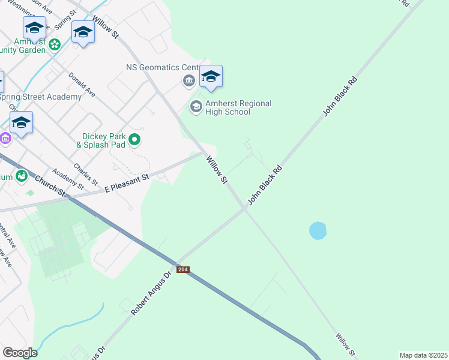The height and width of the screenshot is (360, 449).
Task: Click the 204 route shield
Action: point(183,270)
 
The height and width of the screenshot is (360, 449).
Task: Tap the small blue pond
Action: point(318,230)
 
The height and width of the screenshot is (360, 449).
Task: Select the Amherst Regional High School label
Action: point(238,107)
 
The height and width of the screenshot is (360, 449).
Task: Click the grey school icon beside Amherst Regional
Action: point(196,107)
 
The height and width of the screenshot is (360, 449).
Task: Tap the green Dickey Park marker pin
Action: point(135,140)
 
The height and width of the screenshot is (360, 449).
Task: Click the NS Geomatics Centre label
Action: point(161,67)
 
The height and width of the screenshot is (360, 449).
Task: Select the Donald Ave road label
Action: point(82,86)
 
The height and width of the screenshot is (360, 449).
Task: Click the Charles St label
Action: point(85,174)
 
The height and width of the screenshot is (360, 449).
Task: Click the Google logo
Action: point(20,352)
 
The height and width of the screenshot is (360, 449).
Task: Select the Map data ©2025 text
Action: point(423,355)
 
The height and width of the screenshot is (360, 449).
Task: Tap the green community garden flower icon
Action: point(55,44)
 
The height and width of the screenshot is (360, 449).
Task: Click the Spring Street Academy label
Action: point(40,97)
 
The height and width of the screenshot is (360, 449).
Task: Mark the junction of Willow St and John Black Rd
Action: point(246,208)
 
